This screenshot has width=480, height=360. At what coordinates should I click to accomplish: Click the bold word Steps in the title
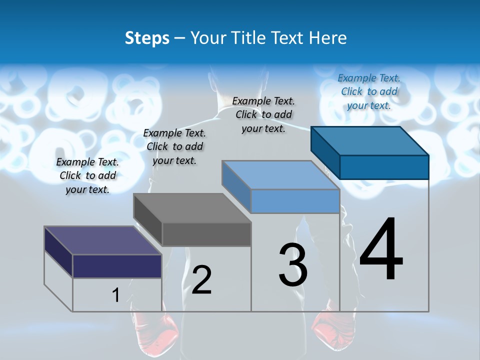click(x=147, y=38)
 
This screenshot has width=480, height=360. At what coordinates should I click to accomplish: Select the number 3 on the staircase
click(x=293, y=265)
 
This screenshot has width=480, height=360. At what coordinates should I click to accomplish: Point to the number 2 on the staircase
click(x=201, y=280)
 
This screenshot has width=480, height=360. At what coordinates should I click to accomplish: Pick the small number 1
click(x=115, y=295)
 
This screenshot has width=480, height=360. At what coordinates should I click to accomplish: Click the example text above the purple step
click(x=87, y=175)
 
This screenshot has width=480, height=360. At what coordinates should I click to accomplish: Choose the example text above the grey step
click(x=174, y=146)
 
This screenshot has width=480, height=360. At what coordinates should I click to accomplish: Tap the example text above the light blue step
click(x=263, y=114)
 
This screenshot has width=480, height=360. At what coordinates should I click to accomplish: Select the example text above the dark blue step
click(x=369, y=91)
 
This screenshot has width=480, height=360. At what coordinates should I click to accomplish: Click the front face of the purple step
click(x=117, y=266)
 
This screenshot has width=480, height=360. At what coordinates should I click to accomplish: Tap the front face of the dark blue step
click(x=384, y=167)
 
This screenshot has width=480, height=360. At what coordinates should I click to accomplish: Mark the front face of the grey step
click(x=206, y=234)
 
